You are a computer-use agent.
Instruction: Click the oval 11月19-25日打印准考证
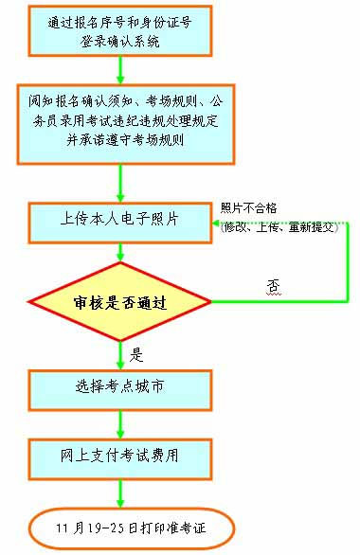click(130, 526)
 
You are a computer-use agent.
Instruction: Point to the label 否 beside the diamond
click(274, 284)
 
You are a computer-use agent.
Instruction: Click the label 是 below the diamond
click(135, 355)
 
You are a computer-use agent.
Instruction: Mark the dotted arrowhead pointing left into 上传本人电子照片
click(215, 224)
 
